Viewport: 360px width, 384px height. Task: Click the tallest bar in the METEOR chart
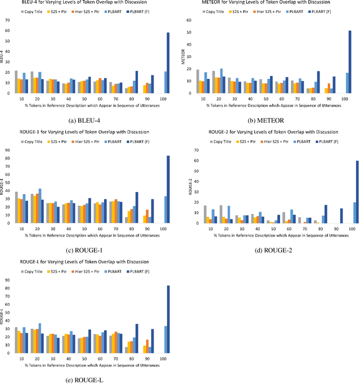tap(350, 62)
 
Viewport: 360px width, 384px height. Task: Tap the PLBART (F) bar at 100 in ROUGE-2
tap(350, 192)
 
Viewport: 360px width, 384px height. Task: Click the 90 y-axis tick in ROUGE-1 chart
tap(7, 150)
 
